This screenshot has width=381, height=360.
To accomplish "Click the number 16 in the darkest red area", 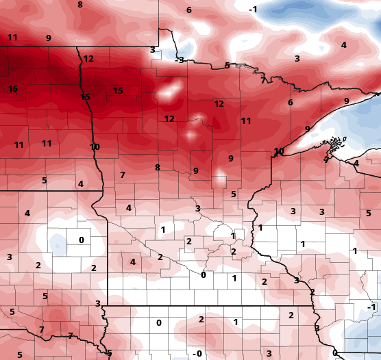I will [x=13, y=89].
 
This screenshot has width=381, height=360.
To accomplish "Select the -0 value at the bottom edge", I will [x=197, y=353].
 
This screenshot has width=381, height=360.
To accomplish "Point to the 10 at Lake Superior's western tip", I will [x=279, y=151].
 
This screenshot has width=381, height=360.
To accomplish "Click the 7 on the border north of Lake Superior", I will [x=263, y=80].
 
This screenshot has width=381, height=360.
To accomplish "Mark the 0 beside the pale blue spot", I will [x=81, y=240].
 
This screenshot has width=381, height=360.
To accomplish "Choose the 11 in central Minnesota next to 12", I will [x=246, y=121].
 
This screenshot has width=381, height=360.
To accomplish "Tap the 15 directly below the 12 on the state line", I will [x=85, y=97].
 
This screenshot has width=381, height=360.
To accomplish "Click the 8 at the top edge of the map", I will [x=79, y=5].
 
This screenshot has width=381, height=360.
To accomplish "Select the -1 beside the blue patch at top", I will [x=253, y=9].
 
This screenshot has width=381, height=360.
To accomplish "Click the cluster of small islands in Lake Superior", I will [x=334, y=144].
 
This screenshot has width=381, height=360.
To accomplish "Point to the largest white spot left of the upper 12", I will [x=168, y=90].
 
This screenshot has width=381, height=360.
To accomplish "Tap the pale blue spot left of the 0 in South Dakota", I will [x=58, y=242].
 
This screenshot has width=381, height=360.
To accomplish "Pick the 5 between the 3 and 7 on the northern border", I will [x=227, y=66].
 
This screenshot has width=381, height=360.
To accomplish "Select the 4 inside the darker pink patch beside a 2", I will [x=132, y=261].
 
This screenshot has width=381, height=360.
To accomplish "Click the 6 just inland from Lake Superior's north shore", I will [x=291, y=103].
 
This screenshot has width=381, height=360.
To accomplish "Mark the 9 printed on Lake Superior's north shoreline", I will [x=347, y=101].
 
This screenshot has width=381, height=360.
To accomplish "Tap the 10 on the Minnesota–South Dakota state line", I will [x=95, y=146].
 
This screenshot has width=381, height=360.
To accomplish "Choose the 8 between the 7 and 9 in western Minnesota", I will [x=157, y=168].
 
